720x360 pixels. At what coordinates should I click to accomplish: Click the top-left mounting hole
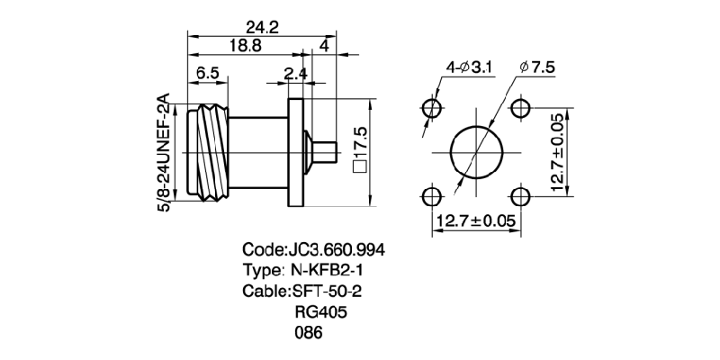pyautogui.click(x=433, y=109)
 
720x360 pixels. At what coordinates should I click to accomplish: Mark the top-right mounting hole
pyautogui.click(x=521, y=109)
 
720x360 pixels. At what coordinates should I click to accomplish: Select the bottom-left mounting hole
pyautogui.click(x=433, y=196)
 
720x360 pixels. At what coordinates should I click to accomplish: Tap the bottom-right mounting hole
pyautogui.click(x=521, y=196)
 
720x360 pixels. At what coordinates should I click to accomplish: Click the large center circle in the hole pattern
pyautogui.click(x=477, y=153)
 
